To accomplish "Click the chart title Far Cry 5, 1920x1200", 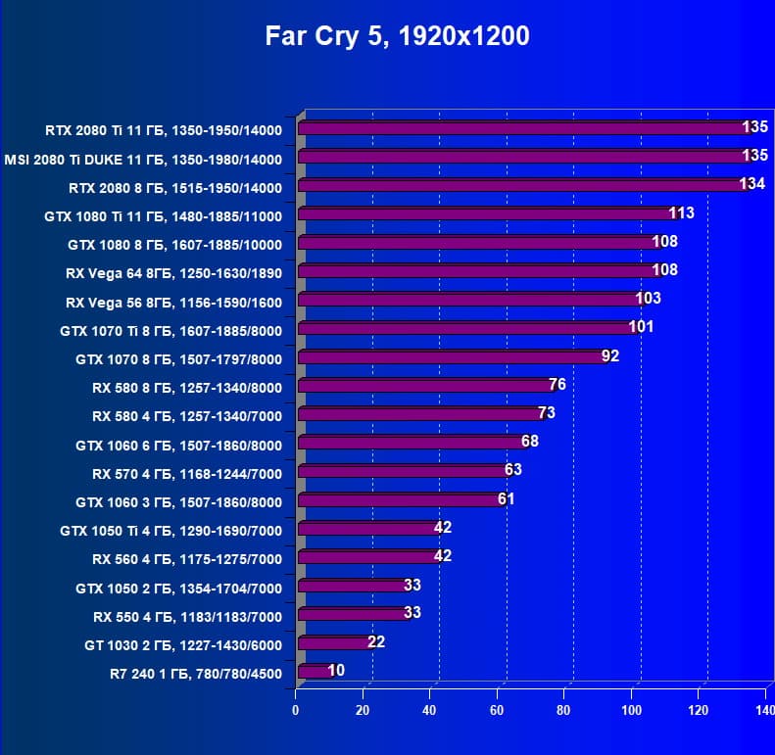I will click(397, 37).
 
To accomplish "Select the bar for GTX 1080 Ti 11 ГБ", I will click(484, 213).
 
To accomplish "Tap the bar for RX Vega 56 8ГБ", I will click(467, 299).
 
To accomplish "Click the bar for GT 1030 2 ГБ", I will click(332, 642).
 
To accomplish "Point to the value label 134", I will click(751, 184).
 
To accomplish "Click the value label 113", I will click(681, 212).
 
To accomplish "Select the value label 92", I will click(610, 355).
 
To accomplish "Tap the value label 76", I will click(557, 384).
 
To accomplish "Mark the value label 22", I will click(376, 641).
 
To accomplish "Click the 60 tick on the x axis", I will click(497, 709).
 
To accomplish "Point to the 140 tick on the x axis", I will click(764, 709).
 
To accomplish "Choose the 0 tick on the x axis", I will click(296, 709).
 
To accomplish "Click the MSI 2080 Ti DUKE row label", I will click(143, 160).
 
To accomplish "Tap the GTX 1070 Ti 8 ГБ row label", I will click(170, 331).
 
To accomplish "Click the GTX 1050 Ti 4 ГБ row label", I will click(170, 531).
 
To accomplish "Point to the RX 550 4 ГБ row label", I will click(187, 617).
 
